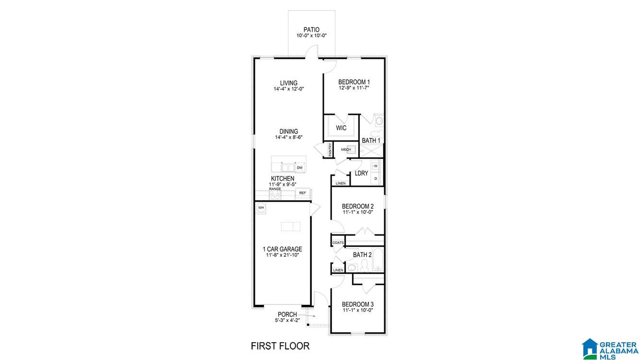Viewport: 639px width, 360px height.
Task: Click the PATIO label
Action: pos(311,30)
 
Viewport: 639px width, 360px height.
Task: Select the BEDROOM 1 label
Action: pos(354,82)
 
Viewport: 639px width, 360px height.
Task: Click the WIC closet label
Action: pos(341,128)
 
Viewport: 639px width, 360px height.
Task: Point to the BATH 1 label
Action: pos(371,141)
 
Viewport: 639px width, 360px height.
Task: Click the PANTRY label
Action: pos(330,149)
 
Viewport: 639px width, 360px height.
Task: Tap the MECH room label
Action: pos(346,150)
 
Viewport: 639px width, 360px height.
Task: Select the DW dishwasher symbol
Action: pos(299,168)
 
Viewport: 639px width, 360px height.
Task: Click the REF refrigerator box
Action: pos(302,193)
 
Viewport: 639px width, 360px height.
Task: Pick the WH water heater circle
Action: pos(261,207)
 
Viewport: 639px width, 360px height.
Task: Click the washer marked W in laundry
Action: pos(376,166)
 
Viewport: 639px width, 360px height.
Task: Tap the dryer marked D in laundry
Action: pos(376,179)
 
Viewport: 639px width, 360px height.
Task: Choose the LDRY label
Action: pos(361,173)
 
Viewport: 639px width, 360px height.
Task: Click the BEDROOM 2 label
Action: pos(358,206)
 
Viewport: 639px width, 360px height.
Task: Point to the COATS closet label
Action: pos(338,243)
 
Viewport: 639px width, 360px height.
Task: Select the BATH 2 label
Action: pos(362,255)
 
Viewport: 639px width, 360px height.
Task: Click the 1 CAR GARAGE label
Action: pos(282,249)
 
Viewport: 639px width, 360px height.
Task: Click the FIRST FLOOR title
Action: pos(280,346)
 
